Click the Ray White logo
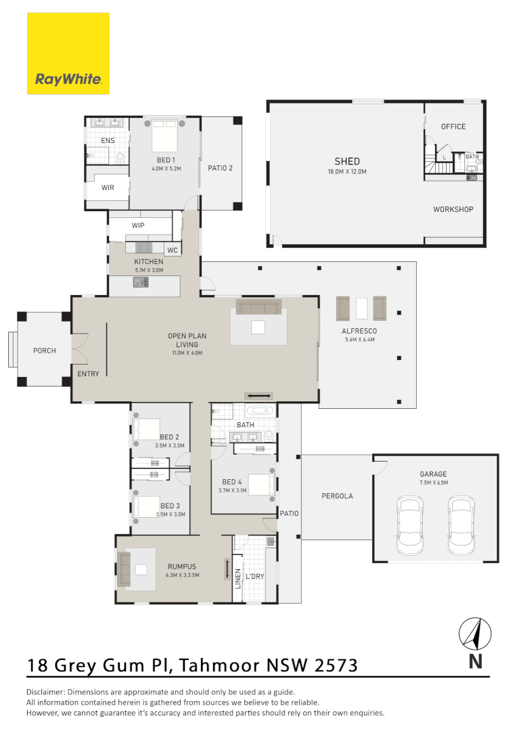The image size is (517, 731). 68,54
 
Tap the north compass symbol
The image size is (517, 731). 475,635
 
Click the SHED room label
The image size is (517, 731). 347,161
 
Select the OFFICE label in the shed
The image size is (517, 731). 453,127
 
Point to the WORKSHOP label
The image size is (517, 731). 453,209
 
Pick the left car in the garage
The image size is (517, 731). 410,523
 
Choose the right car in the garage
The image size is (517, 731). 461,523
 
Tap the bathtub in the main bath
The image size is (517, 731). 261,411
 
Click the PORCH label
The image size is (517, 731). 45,351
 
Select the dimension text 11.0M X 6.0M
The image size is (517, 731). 187,353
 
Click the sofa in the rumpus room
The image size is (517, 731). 124,564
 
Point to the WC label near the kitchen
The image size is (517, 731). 173,250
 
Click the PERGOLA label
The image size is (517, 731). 337,496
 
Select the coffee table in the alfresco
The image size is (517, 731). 361,309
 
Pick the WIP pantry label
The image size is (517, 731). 138,225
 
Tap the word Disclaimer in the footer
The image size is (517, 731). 48,692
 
